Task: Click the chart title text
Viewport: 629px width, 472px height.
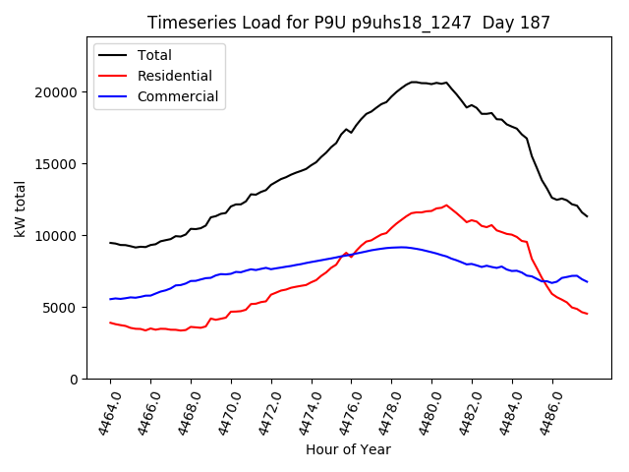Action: click(x=348, y=23)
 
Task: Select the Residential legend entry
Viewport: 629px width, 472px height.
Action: click(x=175, y=76)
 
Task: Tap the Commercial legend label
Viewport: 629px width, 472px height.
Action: click(x=178, y=96)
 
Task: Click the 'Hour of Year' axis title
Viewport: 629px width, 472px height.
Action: click(x=348, y=449)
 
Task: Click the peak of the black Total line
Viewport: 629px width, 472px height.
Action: click(x=414, y=82)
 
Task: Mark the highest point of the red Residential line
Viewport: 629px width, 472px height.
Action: click(x=446, y=205)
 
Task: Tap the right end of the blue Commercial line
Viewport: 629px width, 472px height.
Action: click(x=587, y=282)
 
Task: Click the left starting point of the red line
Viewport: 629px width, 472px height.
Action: click(x=110, y=323)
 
